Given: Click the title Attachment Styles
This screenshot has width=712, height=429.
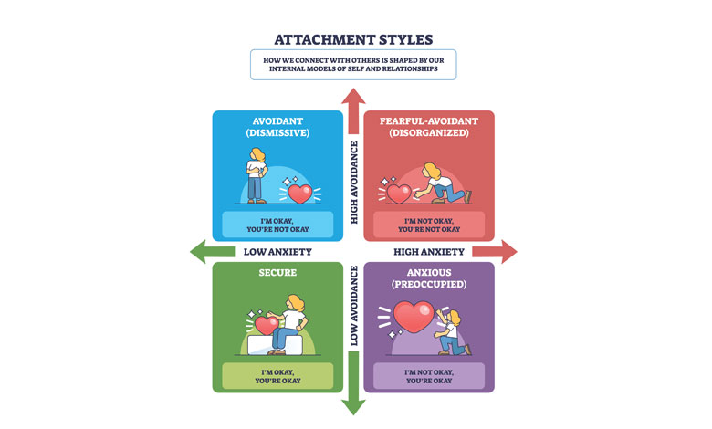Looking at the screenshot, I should tap(353, 39).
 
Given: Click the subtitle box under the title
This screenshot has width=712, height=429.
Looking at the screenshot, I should tap(353, 65).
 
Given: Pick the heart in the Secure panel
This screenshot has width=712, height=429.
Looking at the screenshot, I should tap(267, 324).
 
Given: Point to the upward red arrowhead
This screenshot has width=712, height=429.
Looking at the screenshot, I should tap(353, 97).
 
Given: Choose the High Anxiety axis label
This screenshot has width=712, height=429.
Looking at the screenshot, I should tap(429, 252).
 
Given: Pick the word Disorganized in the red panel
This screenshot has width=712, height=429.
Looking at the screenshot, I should tap(429, 131).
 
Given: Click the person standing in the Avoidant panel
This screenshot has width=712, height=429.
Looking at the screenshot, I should tap(257, 179).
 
